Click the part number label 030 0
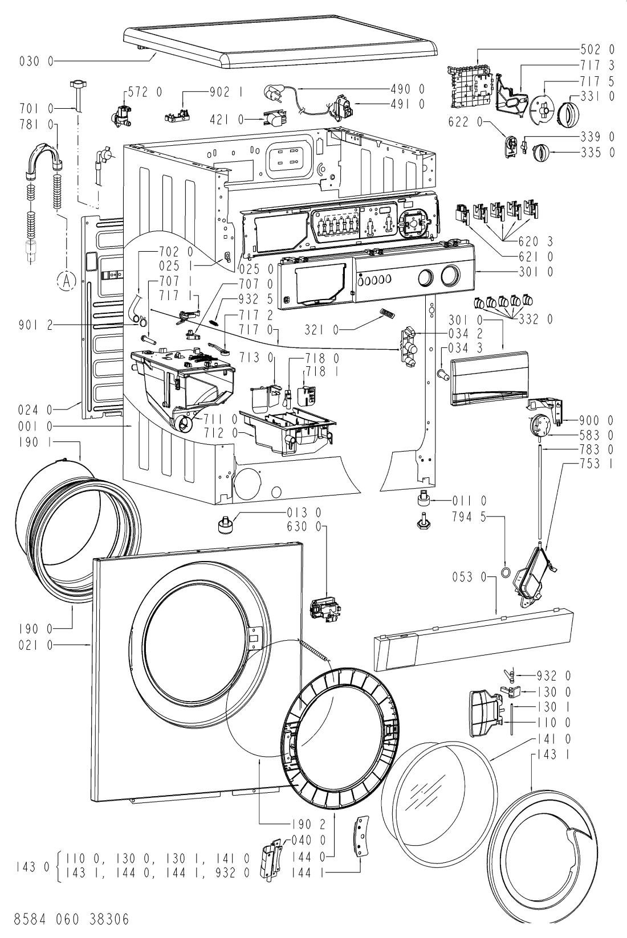[36, 62]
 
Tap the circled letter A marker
[66, 281]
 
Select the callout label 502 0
[598, 50]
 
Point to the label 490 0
[408, 89]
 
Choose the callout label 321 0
[322, 330]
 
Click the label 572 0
[145, 92]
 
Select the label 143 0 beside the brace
[32, 866]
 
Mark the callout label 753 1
[597, 464]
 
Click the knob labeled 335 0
[540, 151]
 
